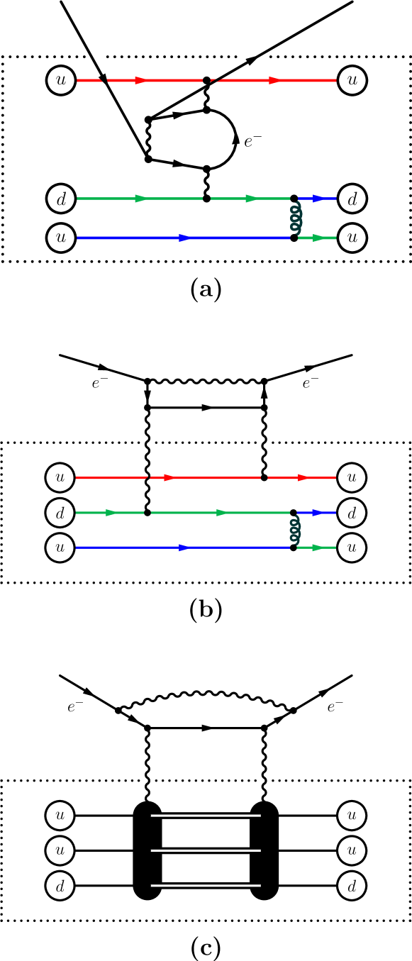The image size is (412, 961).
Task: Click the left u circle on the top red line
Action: [x=61, y=80]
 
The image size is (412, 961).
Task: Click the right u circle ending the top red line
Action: [x=352, y=80]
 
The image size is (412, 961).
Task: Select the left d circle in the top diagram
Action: [x=61, y=199]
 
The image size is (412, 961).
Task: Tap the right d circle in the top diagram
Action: [x=352, y=199]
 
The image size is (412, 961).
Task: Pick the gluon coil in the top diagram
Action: [x=296, y=218]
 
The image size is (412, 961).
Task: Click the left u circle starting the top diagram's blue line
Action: [x=61, y=238]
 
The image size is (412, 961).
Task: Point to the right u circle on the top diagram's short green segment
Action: [x=352, y=238]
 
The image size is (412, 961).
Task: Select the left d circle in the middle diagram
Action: [x=60, y=512]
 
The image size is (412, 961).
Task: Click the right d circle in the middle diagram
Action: [x=352, y=512]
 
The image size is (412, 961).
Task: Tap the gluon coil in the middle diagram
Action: [x=295, y=530]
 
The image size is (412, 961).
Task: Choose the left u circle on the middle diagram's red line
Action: [x=60, y=477]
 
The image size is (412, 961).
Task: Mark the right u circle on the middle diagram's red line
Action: [x=352, y=477]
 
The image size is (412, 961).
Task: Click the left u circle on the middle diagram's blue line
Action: [x=60, y=548]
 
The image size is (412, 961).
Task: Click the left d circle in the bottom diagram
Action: [x=60, y=886]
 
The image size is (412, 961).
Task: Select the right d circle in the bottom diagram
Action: [x=352, y=886]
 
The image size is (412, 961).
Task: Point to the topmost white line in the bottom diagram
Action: [x=206, y=816]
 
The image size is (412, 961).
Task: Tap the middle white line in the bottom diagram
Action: [x=206, y=850]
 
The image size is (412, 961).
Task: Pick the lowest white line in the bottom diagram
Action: [x=206, y=885]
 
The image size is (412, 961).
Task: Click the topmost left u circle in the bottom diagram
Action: [x=60, y=816]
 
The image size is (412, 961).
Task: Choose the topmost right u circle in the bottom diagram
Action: [x=352, y=816]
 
